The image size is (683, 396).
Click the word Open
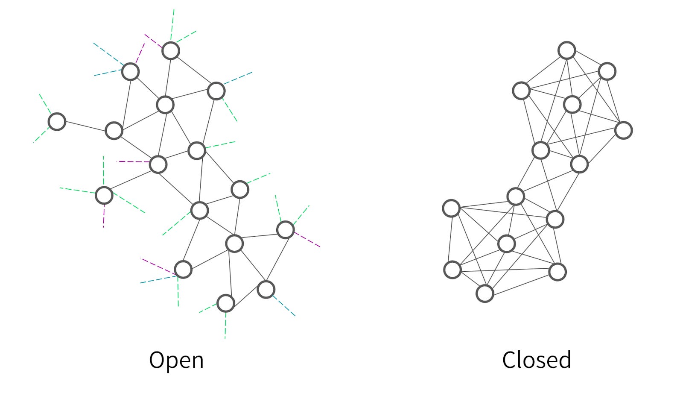point(176,360)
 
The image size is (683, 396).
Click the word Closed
point(536,360)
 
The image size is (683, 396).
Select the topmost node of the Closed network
point(567,50)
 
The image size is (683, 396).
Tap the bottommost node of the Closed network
point(485,293)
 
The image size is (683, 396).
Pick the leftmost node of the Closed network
point(451,208)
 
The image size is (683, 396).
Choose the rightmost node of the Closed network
point(623,130)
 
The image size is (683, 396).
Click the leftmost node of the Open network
point(57,122)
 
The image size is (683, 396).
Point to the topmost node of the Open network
point(171,51)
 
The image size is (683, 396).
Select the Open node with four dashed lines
point(104,195)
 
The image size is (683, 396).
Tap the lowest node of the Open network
point(225,303)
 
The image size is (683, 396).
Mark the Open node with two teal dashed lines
point(130,72)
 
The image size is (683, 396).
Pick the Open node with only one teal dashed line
point(266,290)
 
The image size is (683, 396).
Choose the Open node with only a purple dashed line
point(158,164)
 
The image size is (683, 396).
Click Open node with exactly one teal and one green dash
point(216,91)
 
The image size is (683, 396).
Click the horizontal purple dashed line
point(133,161)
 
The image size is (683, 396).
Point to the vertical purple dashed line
point(104,217)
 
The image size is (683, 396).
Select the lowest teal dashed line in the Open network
point(284,305)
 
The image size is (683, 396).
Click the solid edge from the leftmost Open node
point(85,126)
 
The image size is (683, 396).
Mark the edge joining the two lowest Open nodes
point(245,296)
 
